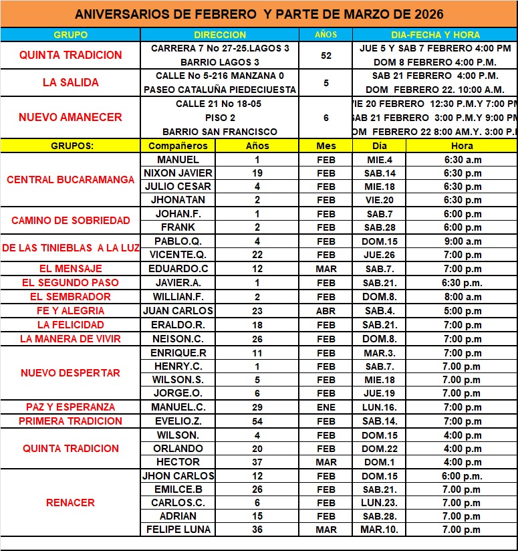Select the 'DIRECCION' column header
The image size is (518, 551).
(x=220, y=34)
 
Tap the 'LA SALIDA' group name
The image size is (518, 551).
(x=70, y=83)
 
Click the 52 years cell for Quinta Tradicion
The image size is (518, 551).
(x=326, y=56)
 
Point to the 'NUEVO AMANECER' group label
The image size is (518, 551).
(x=70, y=117)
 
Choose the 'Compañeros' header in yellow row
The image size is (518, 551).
(x=178, y=146)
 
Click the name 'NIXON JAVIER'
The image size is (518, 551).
(x=178, y=173)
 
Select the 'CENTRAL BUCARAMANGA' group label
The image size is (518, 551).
(x=70, y=180)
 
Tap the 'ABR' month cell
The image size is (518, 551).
(x=326, y=310)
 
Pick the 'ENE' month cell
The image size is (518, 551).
(x=326, y=407)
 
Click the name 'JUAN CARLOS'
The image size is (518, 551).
(x=178, y=310)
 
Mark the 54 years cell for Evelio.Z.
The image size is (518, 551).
(x=257, y=421)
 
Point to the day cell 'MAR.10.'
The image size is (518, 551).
(x=379, y=530)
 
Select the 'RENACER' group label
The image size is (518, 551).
(x=70, y=503)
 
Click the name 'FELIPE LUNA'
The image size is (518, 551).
(x=178, y=530)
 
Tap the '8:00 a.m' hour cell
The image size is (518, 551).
(x=462, y=296)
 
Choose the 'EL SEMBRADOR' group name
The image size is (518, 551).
(x=70, y=296)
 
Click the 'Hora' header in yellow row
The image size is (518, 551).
(x=462, y=146)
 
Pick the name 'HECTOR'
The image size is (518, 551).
(x=178, y=462)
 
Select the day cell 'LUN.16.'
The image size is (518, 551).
(x=379, y=407)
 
